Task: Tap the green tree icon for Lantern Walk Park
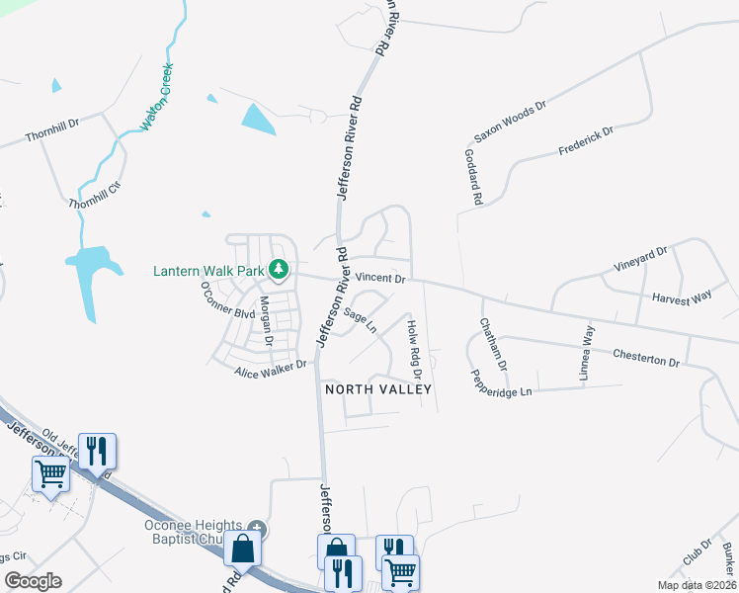pyautogui.click(x=280, y=269)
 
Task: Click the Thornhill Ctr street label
pyautogui.click(x=94, y=195)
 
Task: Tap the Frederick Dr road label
pyautogui.click(x=586, y=140)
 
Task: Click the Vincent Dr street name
pyautogui.click(x=381, y=280)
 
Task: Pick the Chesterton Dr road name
pyautogui.click(x=646, y=357)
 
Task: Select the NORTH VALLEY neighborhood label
pyautogui.click(x=378, y=389)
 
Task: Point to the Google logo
pyautogui.click(x=33, y=580)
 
